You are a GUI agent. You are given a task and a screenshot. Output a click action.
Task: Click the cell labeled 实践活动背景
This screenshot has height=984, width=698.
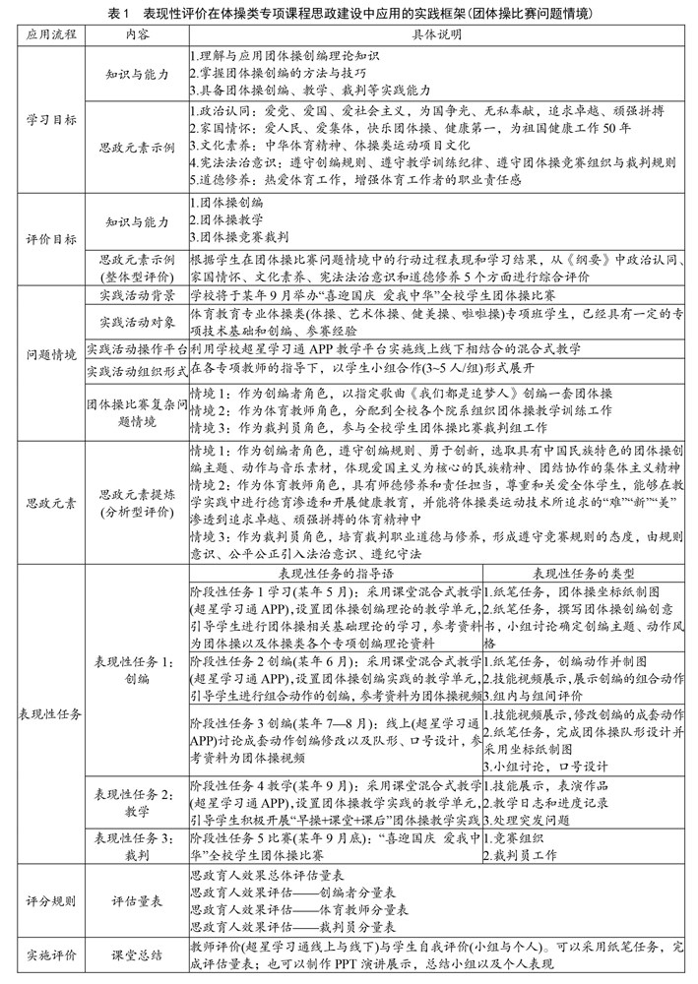click(137, 294)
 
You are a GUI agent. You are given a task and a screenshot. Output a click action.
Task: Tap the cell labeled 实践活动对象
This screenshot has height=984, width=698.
click(137, 322)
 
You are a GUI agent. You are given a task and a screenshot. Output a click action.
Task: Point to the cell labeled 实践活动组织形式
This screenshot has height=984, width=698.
click(137, 370)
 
